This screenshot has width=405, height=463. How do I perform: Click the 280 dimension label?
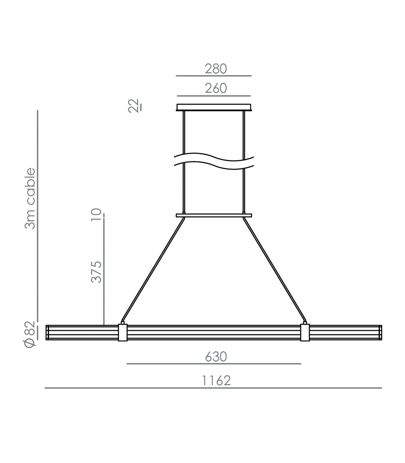coord(216,69)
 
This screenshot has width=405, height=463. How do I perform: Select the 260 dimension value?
coord(216,88)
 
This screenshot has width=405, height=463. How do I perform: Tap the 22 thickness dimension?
coord(134,106)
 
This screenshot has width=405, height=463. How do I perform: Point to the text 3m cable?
coord(30,199)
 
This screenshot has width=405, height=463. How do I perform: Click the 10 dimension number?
coord(96,215)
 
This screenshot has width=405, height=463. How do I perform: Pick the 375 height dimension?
coord(96,272)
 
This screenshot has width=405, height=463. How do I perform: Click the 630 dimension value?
coord(216,357)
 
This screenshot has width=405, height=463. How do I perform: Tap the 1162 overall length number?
coord(216,381)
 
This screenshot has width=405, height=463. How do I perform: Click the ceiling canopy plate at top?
coord(214,107)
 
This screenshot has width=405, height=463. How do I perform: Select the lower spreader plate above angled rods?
coord(214,215)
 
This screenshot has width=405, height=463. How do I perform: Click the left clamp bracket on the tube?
coord(123,332)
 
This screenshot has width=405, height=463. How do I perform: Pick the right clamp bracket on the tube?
coord(305,332)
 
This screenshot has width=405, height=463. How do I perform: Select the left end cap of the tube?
coord(47,332)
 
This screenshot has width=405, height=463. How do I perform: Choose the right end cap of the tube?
coord(380,332)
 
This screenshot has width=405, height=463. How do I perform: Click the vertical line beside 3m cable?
coord(38,220)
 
